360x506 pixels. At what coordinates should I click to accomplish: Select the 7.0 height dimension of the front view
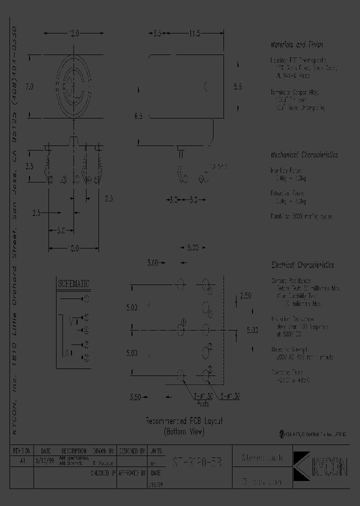[x=29, y=86]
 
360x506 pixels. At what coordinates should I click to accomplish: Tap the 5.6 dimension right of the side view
[x=238, y=86]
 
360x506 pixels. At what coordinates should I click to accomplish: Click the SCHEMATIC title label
[x=73, y=283]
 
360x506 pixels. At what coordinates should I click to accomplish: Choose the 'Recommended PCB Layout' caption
[x=183, y=421]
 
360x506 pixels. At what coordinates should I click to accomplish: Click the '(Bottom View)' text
[x=183, y=431]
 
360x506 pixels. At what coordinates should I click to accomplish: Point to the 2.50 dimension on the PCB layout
[x=245, y=296]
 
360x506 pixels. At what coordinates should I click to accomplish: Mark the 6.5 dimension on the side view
[x=138, y=116]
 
